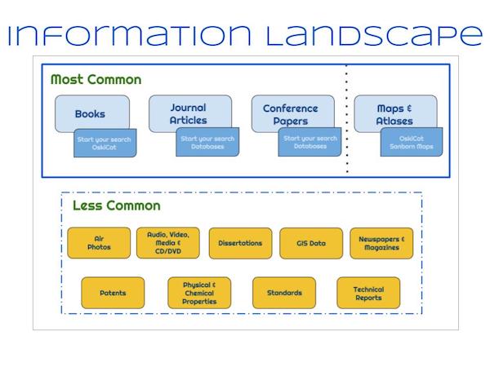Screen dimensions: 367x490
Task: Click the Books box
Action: [90, 113]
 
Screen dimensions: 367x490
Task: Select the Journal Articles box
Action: [188, 113]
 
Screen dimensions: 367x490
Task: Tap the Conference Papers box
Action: [290, 113]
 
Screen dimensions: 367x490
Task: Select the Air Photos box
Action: [98, 243]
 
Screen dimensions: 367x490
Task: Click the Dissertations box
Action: [240, 243]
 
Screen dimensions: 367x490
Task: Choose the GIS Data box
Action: [311, 243]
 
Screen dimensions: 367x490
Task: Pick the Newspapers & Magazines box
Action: [381, 243]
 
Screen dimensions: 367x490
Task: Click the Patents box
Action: [113, 293]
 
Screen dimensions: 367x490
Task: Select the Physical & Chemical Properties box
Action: [199, 293]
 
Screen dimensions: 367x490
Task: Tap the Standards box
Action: [283, 293]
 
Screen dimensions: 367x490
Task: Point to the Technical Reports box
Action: [368, 293]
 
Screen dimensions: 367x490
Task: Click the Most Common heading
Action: [96, 80]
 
